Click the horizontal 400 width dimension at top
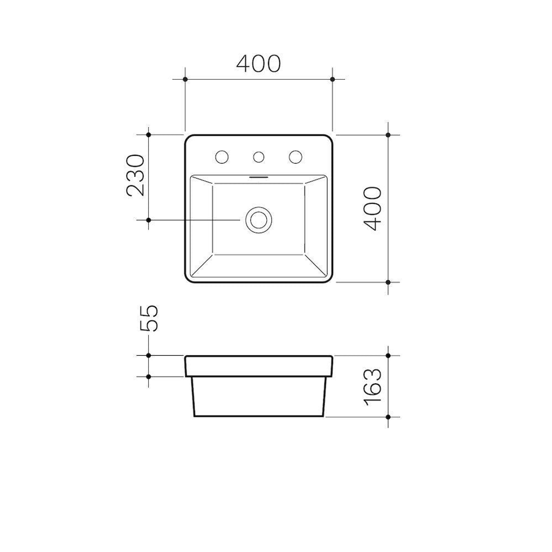click(x=258, y=64)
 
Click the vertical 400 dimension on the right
click(x=373, y=209)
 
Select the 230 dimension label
click(x=135, y=175)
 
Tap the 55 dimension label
click(x=149, y=318)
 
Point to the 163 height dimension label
click(x=373, y=387)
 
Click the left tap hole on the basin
click(x=222, y=157)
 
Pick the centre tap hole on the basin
click(x=259, y=157)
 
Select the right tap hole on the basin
click(x=295, y=157)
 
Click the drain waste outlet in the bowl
click(x=259, y=220)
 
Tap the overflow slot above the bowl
click(x=259, y=177)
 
